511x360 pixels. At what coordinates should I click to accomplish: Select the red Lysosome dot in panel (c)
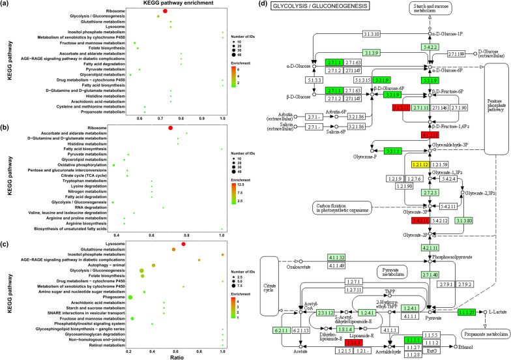pyautogui.click(x=184, y=245)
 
